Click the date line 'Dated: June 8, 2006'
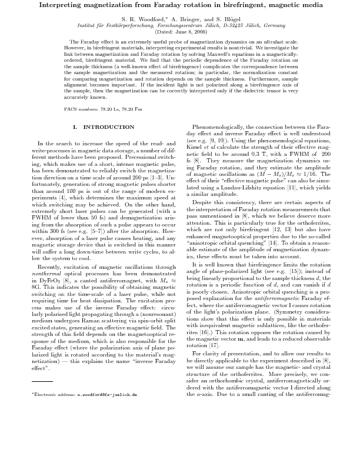pyautogui.click(x=179, y=32)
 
